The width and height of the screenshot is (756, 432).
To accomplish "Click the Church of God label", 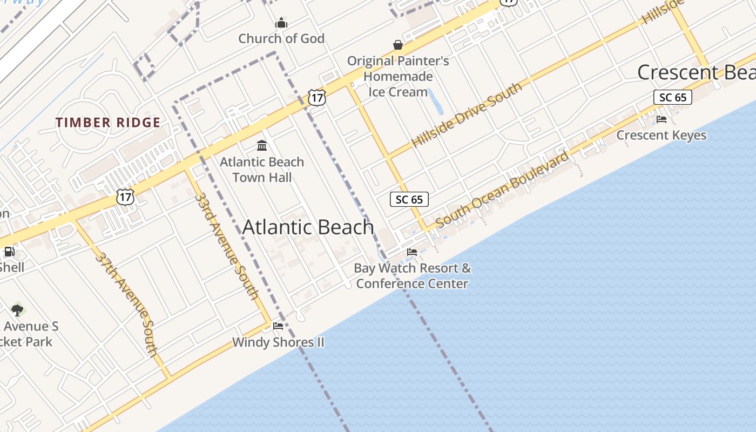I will click(x=281, y=39).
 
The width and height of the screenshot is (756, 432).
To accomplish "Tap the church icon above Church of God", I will click(x=281, y=23).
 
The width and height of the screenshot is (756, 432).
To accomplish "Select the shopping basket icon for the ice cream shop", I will click(x=398, y=44).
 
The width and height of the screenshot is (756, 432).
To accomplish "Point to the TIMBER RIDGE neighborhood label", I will click(x=108, y=123).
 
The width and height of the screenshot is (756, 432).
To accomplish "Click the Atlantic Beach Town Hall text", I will click(x=262, y=170).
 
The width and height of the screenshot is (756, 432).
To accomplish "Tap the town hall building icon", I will click(x=262, y=145).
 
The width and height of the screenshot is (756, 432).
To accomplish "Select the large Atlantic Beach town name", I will click(x=308, y=227).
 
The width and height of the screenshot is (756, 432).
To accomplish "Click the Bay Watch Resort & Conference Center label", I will click(x=412, y=276).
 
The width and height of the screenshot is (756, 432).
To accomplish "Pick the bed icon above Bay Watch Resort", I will click(x=412, y=252).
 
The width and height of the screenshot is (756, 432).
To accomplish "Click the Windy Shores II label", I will click(x=278, y=342).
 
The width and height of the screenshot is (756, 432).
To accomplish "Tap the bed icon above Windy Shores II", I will click(x=278, y=326).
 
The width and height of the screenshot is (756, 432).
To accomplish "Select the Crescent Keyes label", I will click(x=661, y=135).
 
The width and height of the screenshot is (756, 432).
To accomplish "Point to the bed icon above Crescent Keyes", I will click(x=661, y=119).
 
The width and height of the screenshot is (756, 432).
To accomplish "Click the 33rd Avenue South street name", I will click(x=226, y=246).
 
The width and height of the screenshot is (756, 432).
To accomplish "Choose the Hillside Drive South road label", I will click(x=467, y=114).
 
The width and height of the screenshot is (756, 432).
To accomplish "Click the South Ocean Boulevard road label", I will click(x=502, y=190).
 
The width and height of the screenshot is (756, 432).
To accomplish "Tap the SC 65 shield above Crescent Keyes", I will click(x=673, y=97).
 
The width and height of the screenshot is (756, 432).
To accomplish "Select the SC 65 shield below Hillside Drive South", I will click(x=409, y=200).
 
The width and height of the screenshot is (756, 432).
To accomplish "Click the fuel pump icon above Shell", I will click(x=9, y=251).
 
